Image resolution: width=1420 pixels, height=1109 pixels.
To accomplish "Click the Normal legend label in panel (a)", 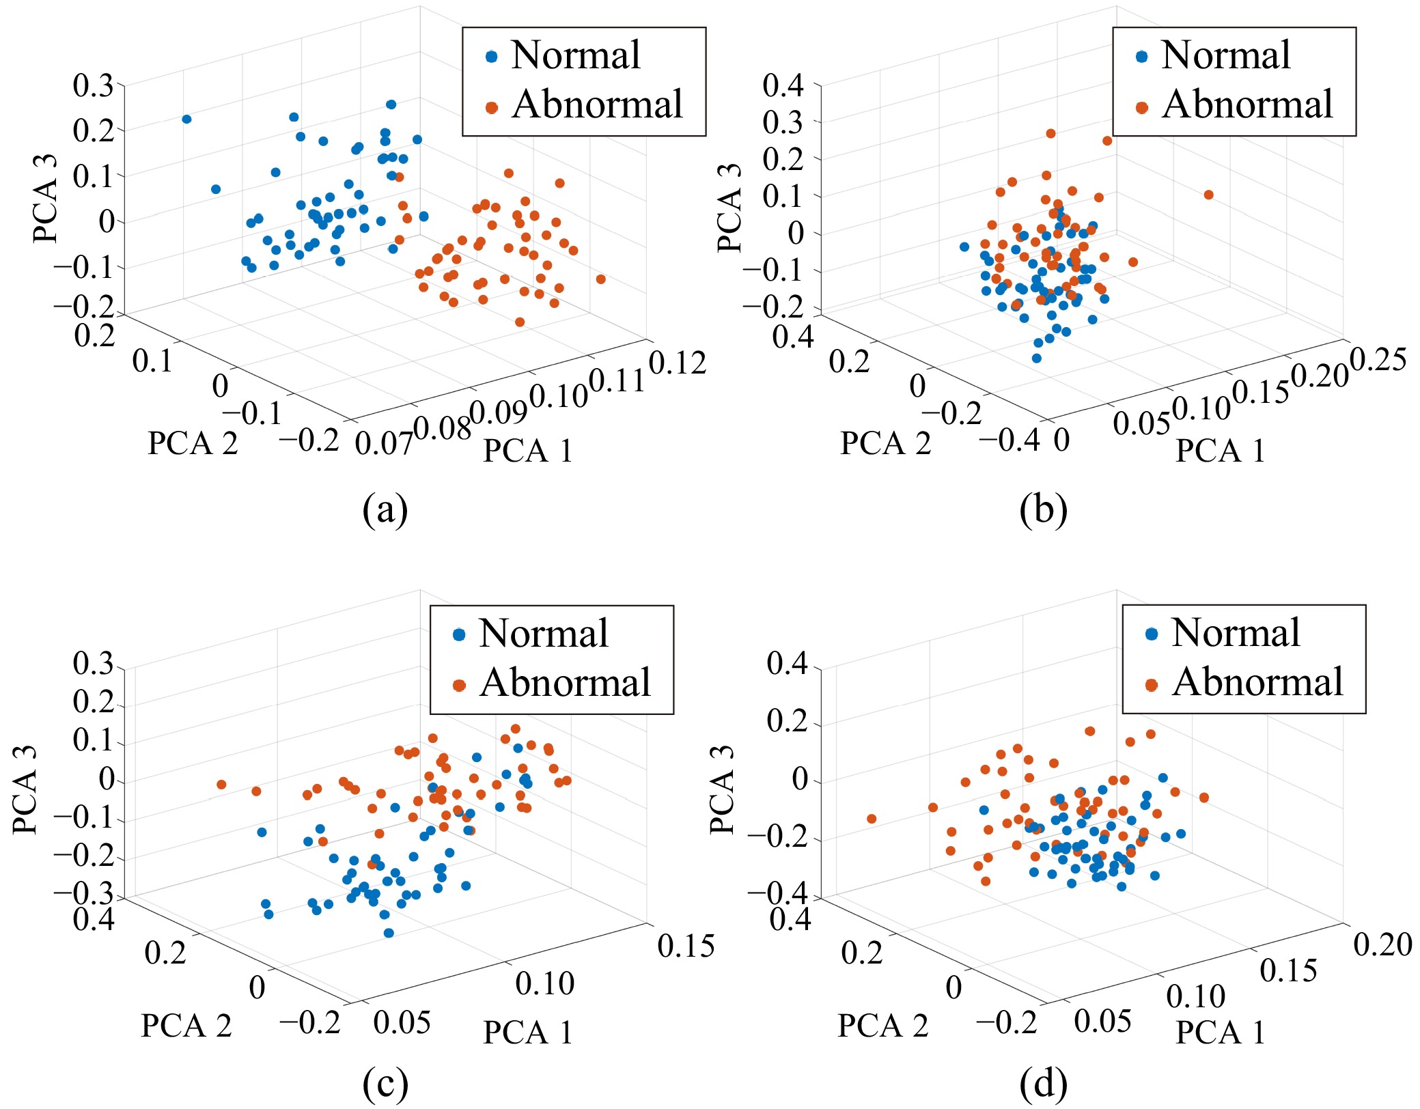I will pyautogui.click(x=575, y=55).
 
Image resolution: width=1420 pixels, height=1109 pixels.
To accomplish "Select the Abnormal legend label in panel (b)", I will pyautogui.click(x=1247, y=104).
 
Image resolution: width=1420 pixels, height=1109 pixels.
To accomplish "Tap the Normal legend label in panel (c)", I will pyautogui.click(x=543, y=634).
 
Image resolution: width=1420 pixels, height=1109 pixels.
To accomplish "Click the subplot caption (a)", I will pyautogui.click(x=385, y=509).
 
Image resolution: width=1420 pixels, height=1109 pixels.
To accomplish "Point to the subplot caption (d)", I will pyautogui.click(x=1043, y=1083).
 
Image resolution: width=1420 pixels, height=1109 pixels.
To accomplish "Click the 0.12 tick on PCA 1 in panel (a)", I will pyautogui.click(x=677, y=363).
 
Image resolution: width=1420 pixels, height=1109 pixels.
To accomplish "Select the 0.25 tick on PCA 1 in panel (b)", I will pyautogui.click(x=1378, y=360).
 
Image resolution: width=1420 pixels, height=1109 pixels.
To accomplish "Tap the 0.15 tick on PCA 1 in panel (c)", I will pyautogui.click(x=686, y=946).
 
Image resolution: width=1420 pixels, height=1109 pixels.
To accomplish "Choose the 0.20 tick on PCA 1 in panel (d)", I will pyautogui.click(x=1382, y=944).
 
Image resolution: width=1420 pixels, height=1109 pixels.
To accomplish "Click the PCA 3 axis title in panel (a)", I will pyautogui.click(x=46, y=199).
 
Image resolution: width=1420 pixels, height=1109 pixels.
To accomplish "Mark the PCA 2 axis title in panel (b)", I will pyautogui.click(x=885, y=443).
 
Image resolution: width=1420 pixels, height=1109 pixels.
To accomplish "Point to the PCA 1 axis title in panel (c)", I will pyautogui.click(x=527, y=1032).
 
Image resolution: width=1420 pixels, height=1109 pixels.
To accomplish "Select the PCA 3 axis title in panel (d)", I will pyautogui.click(x=723, y=789).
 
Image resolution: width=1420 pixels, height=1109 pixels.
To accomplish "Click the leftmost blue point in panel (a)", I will pyautogui.click(x=186, y=120).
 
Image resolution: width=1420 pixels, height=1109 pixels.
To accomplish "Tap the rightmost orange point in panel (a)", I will pyautogui.click(x=600, y=279).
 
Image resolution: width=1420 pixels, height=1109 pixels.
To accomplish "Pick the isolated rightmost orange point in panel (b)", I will pyautogui.click(x=1208, y=195).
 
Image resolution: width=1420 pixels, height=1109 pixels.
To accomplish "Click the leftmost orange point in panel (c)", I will pyautogui.click(x=221, y=785).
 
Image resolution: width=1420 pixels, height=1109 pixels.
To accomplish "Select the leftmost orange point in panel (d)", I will pyautogui.click(x=871, y=819).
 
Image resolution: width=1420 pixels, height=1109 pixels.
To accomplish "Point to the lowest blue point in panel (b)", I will pyautogui.click(x=1036, y=358).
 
